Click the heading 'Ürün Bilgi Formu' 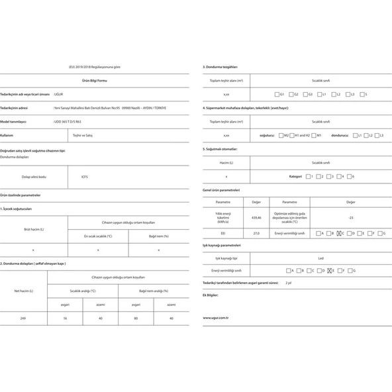point(97,81)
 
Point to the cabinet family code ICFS point(84,177)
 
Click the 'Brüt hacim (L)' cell point(33,229)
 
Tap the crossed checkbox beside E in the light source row point(329,271)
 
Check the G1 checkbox point(277,95)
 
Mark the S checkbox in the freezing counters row point(360,95)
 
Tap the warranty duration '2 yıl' point(288,283)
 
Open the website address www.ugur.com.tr point(216,317)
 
